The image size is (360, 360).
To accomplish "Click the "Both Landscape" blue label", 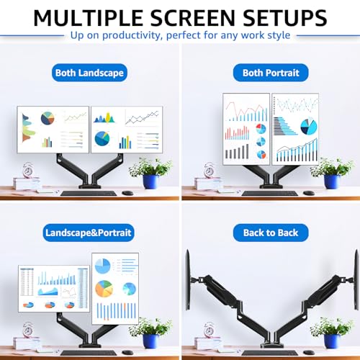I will click(89, 73).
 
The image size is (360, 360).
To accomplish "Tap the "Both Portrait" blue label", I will click(271, 73).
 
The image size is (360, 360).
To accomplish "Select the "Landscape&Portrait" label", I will click(89, 233).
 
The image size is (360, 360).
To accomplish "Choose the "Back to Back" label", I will click(271, 233).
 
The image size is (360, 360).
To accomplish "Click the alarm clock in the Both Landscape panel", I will click(28, 171).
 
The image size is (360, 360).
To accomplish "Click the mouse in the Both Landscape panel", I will click(127, 193).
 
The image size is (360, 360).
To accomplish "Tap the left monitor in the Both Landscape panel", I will click(53, 130).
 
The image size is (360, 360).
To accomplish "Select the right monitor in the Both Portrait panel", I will click(294, 128).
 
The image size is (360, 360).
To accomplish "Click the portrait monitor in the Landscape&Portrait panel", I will click(114, 289).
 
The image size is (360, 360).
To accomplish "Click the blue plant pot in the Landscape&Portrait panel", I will click(150, 343).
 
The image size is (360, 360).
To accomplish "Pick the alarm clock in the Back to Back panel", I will click(210, 330).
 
